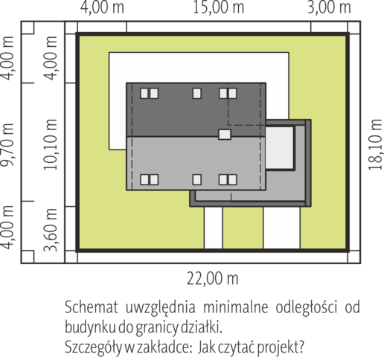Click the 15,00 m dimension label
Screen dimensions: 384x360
point(218,7)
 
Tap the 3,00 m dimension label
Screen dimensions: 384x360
point(329,7)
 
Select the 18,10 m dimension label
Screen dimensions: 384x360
point(376,144)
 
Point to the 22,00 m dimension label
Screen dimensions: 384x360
point(213,279)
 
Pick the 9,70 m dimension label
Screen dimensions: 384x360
point(7,144)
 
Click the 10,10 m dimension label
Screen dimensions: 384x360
point(51,144)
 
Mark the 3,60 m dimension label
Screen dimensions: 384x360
point(51,230)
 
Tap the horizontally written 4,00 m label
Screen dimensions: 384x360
point(102,7)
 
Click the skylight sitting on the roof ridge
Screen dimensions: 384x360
point(225,135)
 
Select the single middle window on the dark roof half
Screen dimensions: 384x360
point(197,94)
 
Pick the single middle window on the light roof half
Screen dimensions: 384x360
point(197,179)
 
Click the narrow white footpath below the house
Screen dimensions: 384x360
point(214,228)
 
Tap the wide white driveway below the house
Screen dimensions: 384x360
point(282,228)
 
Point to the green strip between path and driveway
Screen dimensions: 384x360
point(243,228)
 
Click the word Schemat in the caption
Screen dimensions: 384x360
point(92,308)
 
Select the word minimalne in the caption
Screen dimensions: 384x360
point(236,308)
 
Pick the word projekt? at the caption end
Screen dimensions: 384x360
point(281,348)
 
